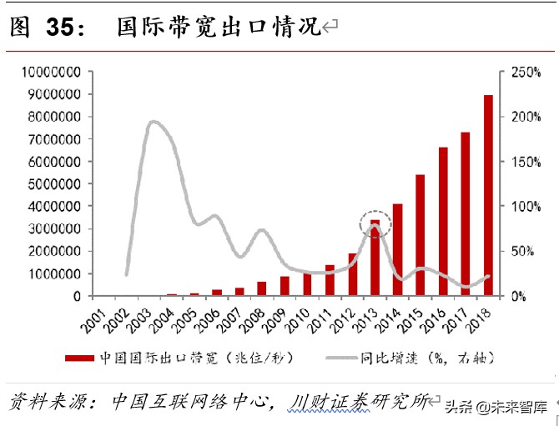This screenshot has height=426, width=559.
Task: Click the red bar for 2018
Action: (488, 196)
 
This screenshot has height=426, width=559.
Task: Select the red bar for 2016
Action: (442, 222)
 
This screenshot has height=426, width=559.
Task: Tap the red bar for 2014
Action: (397, 250)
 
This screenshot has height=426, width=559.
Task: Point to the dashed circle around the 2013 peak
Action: (375, 224)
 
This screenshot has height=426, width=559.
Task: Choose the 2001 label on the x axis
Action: (98, 318)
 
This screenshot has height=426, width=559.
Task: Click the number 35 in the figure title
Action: (59, 28)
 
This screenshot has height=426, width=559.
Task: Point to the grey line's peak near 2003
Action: (154, 123)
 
